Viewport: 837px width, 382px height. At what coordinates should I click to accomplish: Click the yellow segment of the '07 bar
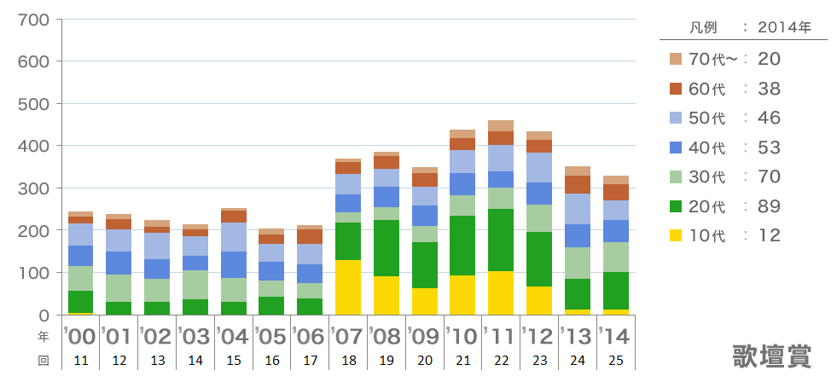point(347,287)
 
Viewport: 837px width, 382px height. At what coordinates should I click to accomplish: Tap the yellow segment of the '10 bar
point(462,295)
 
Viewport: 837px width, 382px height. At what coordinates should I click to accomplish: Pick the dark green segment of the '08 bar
point(386,248)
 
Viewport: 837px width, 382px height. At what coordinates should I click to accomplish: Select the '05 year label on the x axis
point(271,334)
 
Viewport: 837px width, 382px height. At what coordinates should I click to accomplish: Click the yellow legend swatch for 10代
point(676,236)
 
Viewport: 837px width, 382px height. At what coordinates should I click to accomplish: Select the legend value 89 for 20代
point(769,206)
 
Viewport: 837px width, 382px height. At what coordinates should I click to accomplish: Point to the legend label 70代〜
point(710,59)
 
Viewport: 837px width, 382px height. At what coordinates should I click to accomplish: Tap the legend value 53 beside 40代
point(769,148)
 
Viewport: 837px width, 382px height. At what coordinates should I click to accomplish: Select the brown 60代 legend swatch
point(676,89)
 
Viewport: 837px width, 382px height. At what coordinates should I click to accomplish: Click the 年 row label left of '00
point(43,335)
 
